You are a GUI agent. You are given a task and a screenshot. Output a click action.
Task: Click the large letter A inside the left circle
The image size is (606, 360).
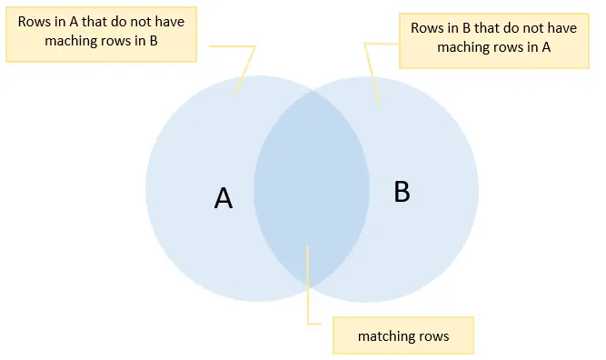tap(224, 198)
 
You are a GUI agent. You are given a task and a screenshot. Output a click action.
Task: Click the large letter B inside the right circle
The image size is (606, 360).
tap(402, 191)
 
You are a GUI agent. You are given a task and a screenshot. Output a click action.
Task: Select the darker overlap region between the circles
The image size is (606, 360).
tap(312, 189)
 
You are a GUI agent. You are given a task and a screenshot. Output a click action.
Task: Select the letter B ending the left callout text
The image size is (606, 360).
tap(154, 41)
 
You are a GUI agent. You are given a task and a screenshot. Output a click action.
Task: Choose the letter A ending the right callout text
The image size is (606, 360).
tap(546, 46)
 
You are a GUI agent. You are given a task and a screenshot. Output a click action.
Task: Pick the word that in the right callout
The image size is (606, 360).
tap(487, 28)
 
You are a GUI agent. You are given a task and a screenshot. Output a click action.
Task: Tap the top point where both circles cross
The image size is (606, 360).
tap(313, 91)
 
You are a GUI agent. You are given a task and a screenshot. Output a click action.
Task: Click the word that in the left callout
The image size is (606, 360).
tap(94, 22)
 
